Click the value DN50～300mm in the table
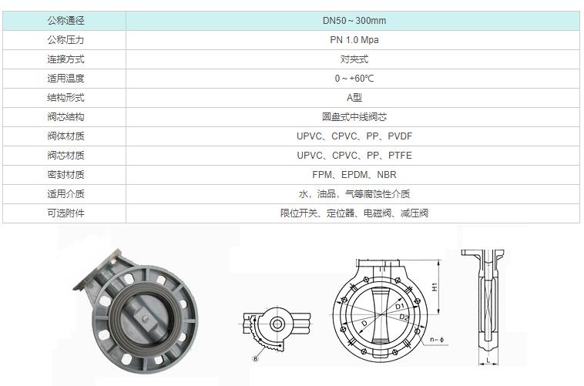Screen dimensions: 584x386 [354, 21]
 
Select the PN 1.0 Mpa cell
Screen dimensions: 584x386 [354, 40]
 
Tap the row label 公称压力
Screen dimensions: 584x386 [65, 40]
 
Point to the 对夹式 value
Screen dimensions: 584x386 [354, 59]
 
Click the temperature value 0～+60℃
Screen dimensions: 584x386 [354, 79]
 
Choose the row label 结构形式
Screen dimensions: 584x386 [65, 98]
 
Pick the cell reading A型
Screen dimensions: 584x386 [354, 98]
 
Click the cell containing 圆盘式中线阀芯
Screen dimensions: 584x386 [354, 117]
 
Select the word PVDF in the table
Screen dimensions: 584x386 [400, 136]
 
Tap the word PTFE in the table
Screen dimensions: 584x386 [400, 156]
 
